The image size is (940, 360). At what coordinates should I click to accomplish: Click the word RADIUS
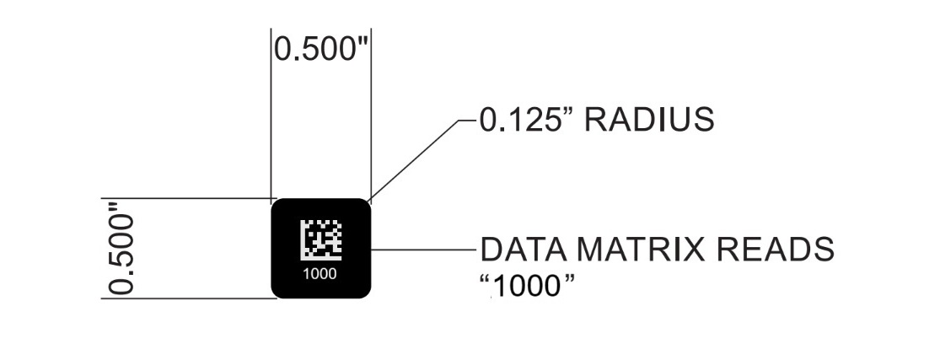pyautogui.click(x=649, y=121)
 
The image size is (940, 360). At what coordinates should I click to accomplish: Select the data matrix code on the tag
pyautogui.click(x=320, y=239)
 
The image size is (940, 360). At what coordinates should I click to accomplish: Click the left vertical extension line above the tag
pyautogui.click(x=271, y=118)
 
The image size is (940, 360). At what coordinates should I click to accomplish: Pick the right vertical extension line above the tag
pyautogui.click(x=371, y=118)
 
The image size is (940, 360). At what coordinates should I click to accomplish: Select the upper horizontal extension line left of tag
pyautogui.click(x=185, y=199)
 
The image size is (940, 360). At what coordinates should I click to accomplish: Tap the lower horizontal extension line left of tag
pyautogui.click(x=185, y=298)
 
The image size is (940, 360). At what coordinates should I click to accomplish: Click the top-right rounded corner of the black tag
pyautogui.click(x=365, y=205)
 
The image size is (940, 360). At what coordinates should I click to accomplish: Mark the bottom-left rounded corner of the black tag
pyautogui.click(x=277, y=292)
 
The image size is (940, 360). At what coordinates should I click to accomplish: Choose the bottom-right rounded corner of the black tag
pyautogui.click(x=365, y=292)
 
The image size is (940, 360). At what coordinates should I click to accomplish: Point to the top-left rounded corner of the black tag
pyautogui.click(x=277, y=205)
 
